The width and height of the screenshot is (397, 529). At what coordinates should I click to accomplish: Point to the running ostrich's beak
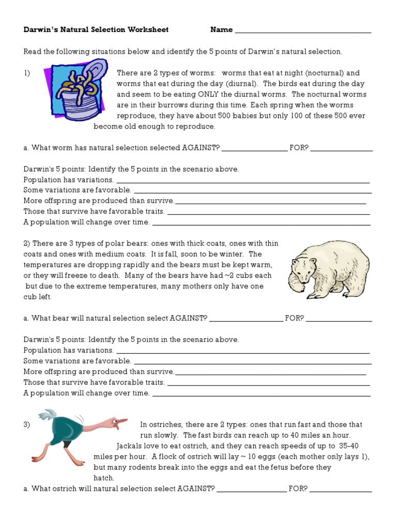click(123, 425)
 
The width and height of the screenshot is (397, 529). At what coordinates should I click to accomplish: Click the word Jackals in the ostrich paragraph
click(130, 446)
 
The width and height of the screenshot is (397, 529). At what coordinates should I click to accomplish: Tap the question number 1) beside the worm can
click(27, 73)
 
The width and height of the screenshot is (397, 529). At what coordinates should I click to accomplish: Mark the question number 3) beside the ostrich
click(27, 425)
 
